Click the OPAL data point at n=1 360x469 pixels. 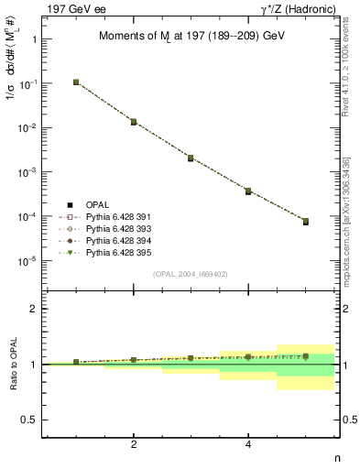point(76,82)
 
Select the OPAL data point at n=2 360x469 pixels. point(134,122)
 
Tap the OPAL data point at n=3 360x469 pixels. point(191,158)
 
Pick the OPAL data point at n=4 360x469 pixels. point(248,191)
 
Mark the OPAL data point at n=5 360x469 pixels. point(306,222)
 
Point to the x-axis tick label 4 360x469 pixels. point(248,444)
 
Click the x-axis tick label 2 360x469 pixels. point(134,444)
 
